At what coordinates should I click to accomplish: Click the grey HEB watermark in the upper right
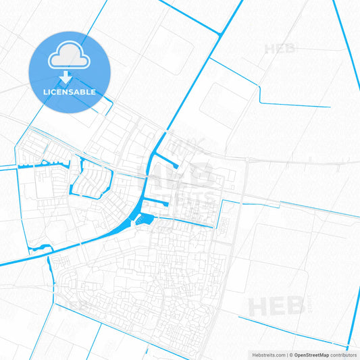[x=280, y=49]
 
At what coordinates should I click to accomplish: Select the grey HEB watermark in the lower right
[x=274, y=307]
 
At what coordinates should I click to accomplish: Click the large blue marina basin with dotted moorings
[x=143, y=219]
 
